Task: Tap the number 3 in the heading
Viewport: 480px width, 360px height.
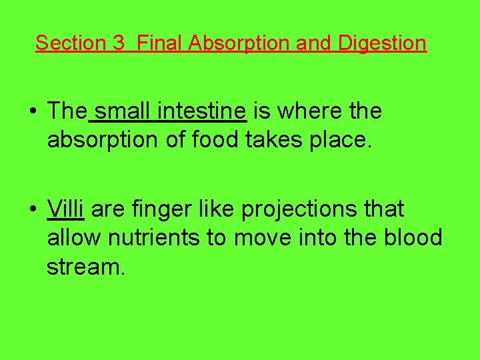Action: (x=119, y=43)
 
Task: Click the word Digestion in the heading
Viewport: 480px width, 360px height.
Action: (x=382, y=43)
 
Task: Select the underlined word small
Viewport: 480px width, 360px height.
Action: (x=123, y=111)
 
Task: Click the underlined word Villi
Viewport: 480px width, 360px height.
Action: (x=65, y=209)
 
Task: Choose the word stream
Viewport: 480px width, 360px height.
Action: (x=85, y=267)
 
